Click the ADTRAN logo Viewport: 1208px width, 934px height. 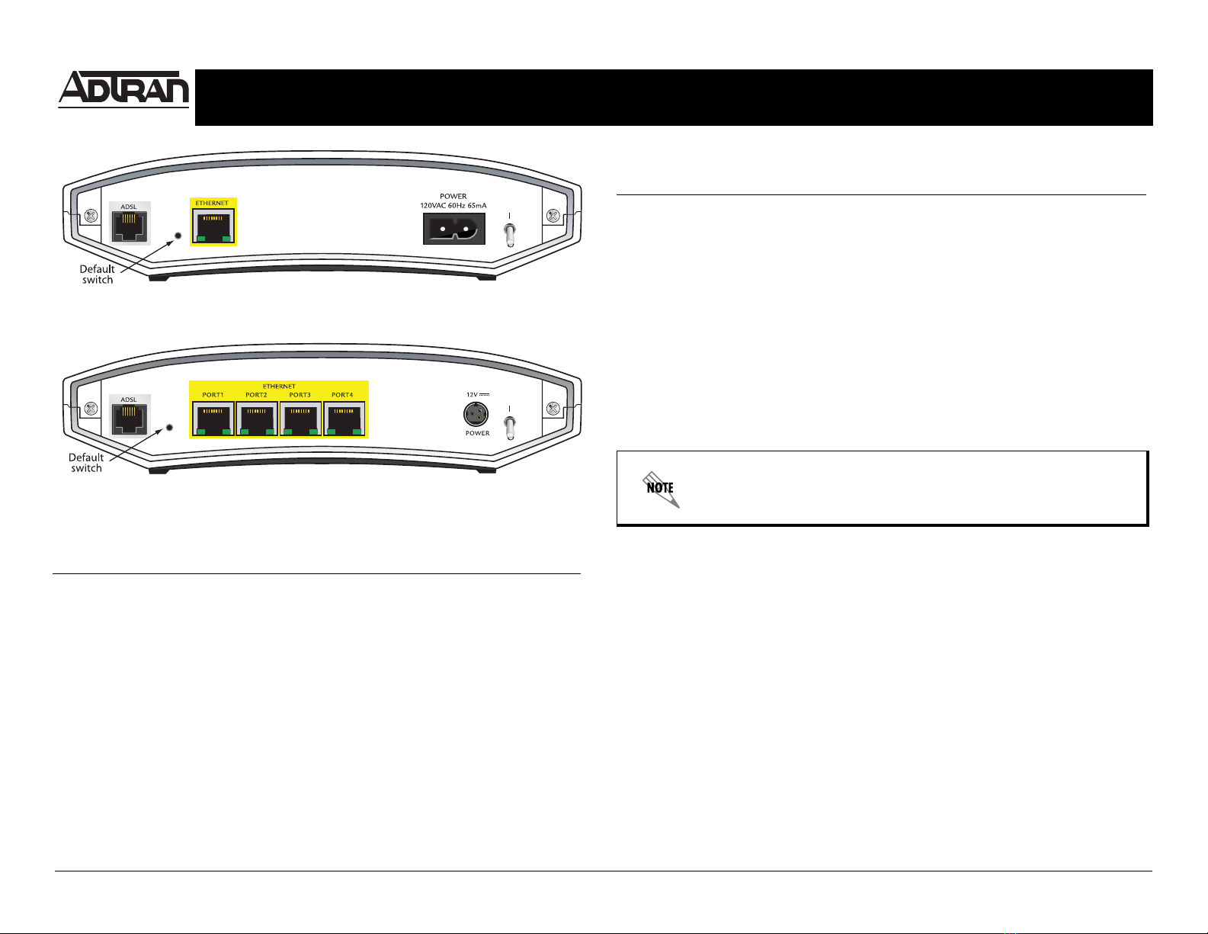pyautogui.click(x=123, y=89)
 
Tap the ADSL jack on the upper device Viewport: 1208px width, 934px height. pyautogui.click(x=130, y=226)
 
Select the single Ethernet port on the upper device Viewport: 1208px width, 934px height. pyautogui.click(x=213, y=226)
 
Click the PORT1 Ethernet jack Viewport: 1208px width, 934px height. pyautogui.click(x=213, y=419)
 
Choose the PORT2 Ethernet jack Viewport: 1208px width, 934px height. pyautogui.click(x=257, y=419)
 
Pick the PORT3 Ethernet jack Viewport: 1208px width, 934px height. pyautogui.click(x=300, y=419)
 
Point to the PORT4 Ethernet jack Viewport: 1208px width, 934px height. pyautogui.click(x=344, y=419)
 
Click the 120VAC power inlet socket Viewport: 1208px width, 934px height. pyautogui.click(x=454, y=229)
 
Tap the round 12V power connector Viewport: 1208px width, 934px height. pyautogui.click(x=476, y=414)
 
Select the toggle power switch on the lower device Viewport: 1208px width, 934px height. pyautogui.click(x=509, y=427)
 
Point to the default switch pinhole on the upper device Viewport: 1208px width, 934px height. pyautogui.click(x=178, y=236)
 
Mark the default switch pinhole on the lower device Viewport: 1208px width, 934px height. pyautogui.click(x=169, y=428)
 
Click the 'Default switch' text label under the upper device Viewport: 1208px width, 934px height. pyautogui.click(x=98, y=274)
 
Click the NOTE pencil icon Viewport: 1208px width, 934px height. pyautogui.click(x=661, y=489)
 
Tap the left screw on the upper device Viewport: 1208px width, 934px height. pyautogui.click(x=91, y=216)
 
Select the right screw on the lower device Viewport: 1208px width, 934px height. pyautogui.click(x=553, y=409)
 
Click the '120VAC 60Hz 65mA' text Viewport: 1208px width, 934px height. pyautogui.click(x=453, y=206)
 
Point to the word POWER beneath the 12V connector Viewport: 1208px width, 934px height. pyautogui.click(x=478, y=433)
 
